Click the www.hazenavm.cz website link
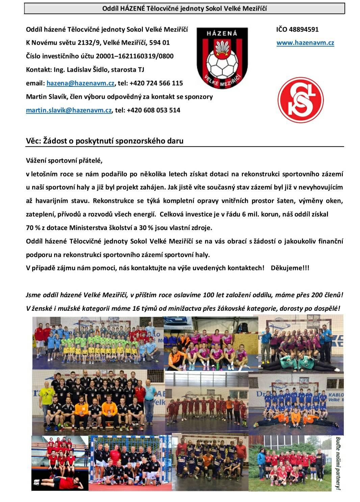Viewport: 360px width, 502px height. point(305,43)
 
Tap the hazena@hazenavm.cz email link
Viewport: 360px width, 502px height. point(80,83)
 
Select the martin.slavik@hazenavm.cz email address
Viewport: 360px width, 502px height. point(69,110)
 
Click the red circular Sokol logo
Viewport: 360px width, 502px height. point(300,100)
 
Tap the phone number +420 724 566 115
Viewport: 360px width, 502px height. point(156,83)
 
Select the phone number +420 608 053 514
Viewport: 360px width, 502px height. point(153,110)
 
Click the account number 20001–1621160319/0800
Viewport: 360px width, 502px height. point(134,56)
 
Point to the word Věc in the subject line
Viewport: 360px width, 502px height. point(33,141)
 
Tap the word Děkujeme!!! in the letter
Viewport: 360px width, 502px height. point(290,268)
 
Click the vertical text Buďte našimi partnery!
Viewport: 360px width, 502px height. point(337,463)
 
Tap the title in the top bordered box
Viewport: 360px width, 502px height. point(184,8)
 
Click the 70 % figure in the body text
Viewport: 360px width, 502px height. point(33,228)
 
